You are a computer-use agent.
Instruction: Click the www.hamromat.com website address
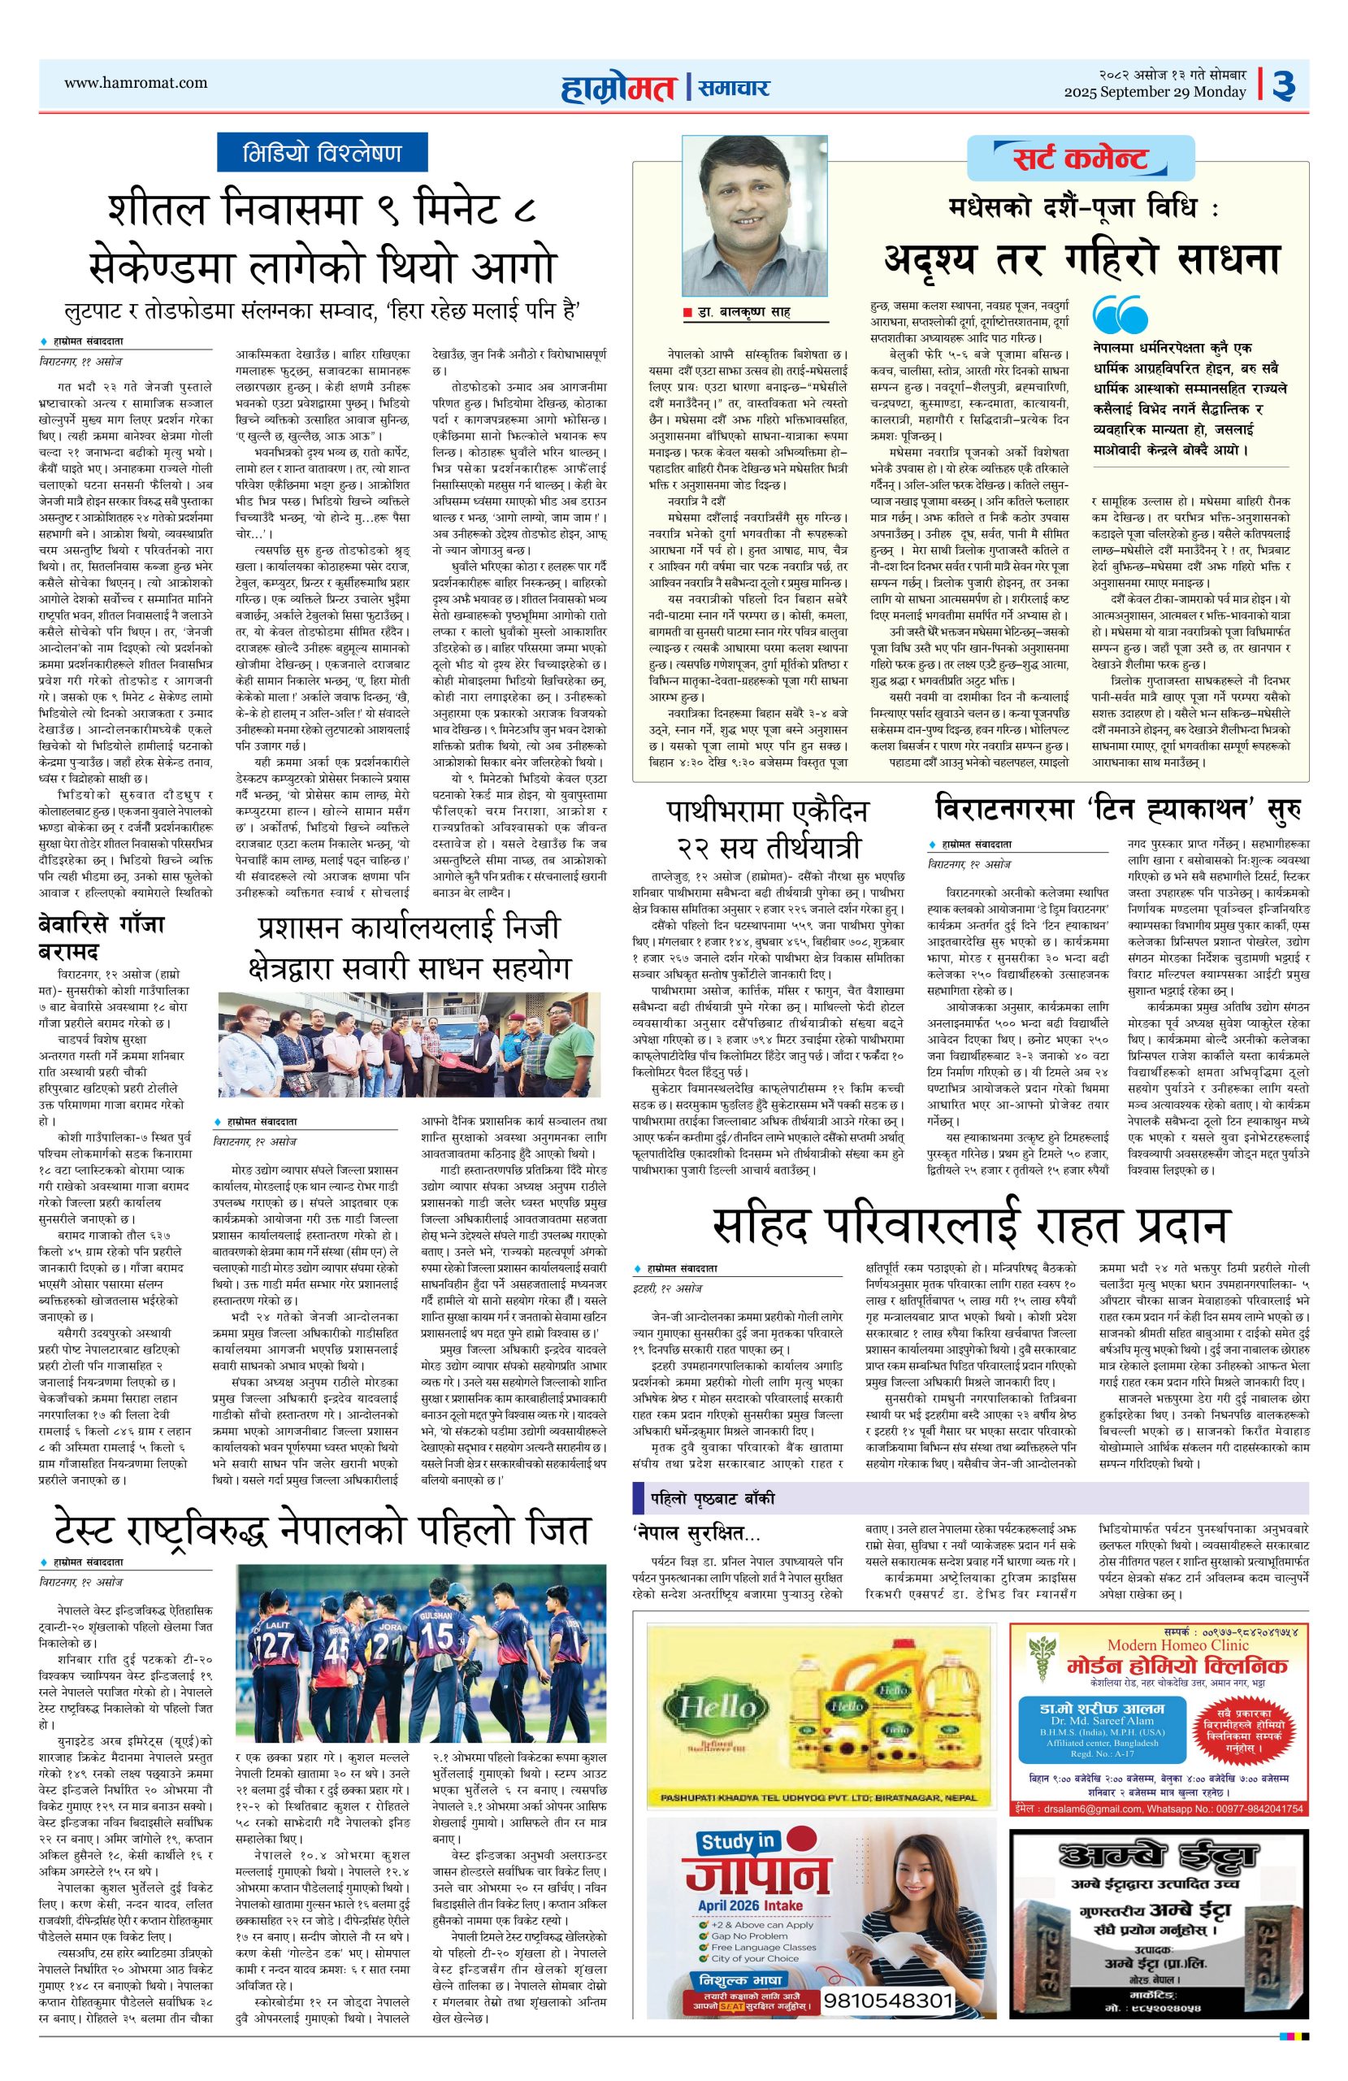click(136, 83)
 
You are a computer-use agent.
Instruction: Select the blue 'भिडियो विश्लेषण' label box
click(322, 152)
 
